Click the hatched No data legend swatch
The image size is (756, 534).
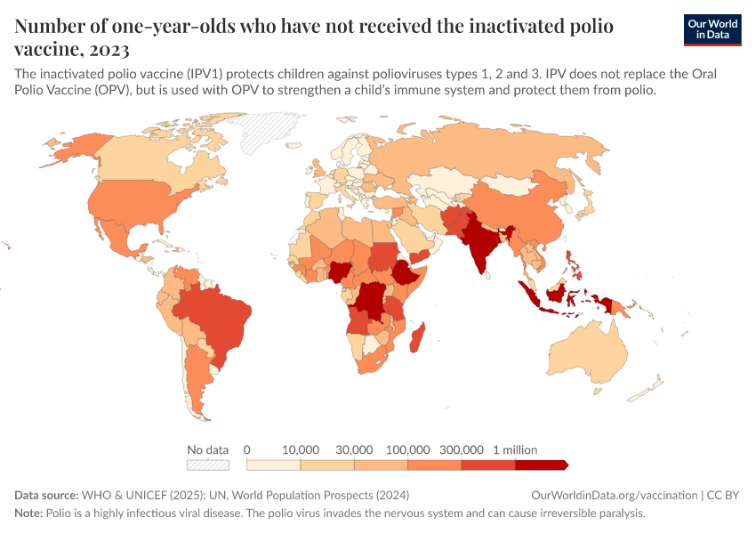207,465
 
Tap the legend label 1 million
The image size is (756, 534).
515,449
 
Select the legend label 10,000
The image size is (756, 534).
301,449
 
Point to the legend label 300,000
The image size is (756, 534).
462,449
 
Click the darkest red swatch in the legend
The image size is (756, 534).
541,465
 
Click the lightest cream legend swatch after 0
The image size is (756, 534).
273,465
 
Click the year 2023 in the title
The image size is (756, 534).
110,49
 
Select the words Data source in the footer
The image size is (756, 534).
45,495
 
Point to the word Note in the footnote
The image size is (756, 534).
29,514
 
